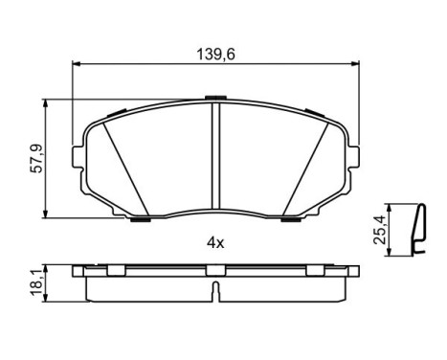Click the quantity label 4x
[215, 243]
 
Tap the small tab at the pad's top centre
[215, 98]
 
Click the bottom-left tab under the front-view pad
[141, 219]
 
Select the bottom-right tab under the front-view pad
[293, 219]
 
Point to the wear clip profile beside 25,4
[416, 231]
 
